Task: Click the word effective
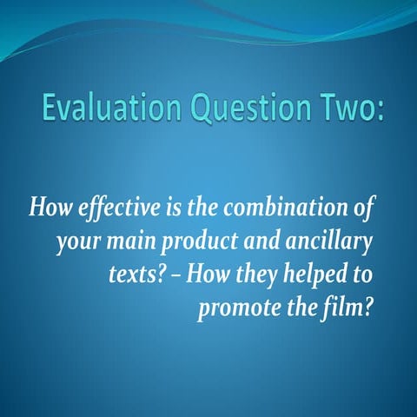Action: coord(109,210)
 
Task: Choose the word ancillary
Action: coord(329,243)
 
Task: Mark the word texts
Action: coord(130,276)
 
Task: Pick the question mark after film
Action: coord(368,309)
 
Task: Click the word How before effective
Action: coord(49,209)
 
